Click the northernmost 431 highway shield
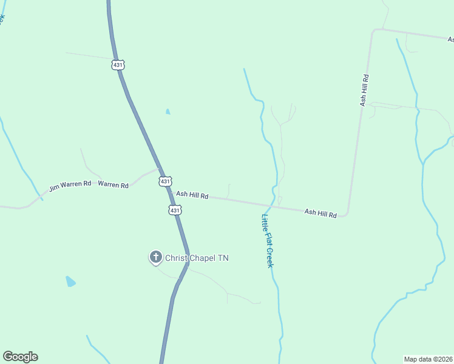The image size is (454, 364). (x=118, y=64)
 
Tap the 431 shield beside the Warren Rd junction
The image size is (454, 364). (x=166, y=181)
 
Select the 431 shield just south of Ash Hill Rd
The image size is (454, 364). (x=175, y=210)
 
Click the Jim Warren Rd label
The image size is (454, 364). (x=70, y=185)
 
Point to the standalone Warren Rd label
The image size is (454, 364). (x=113, y=184)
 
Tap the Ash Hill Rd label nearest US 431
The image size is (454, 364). (x=192, y=195)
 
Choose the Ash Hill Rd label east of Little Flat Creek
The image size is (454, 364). (x=320, y=213)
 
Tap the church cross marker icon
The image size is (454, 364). (x=155, y=257)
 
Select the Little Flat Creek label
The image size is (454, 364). (x=268, y=241)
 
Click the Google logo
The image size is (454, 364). (x=20, y=357)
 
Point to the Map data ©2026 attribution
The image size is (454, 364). (x=428, y=359)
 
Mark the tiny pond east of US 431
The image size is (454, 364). (x=168, y=112)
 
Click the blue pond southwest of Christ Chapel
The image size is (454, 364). (x=70, y=281)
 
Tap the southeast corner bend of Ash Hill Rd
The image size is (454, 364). (x=346, y=214)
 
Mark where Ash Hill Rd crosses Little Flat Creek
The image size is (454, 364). (x=275, y=204)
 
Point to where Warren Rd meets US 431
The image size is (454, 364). (x=159, y=169)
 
